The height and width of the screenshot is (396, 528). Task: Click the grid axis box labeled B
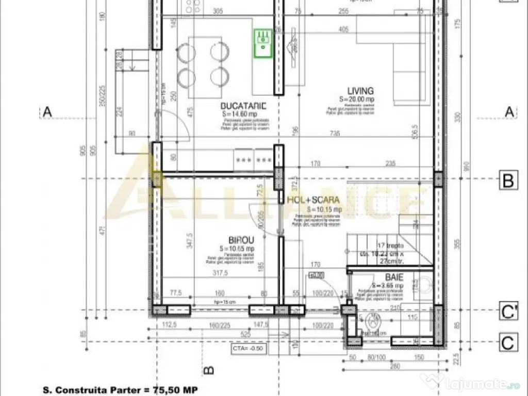[x=508, y=181]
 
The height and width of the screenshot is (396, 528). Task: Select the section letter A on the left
[x=47, y=111]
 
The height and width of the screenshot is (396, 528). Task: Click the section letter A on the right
[x=509, y=111]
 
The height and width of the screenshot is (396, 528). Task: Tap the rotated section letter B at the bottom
[x=208, y=370]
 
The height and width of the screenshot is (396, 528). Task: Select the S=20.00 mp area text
[x=356, y=99]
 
